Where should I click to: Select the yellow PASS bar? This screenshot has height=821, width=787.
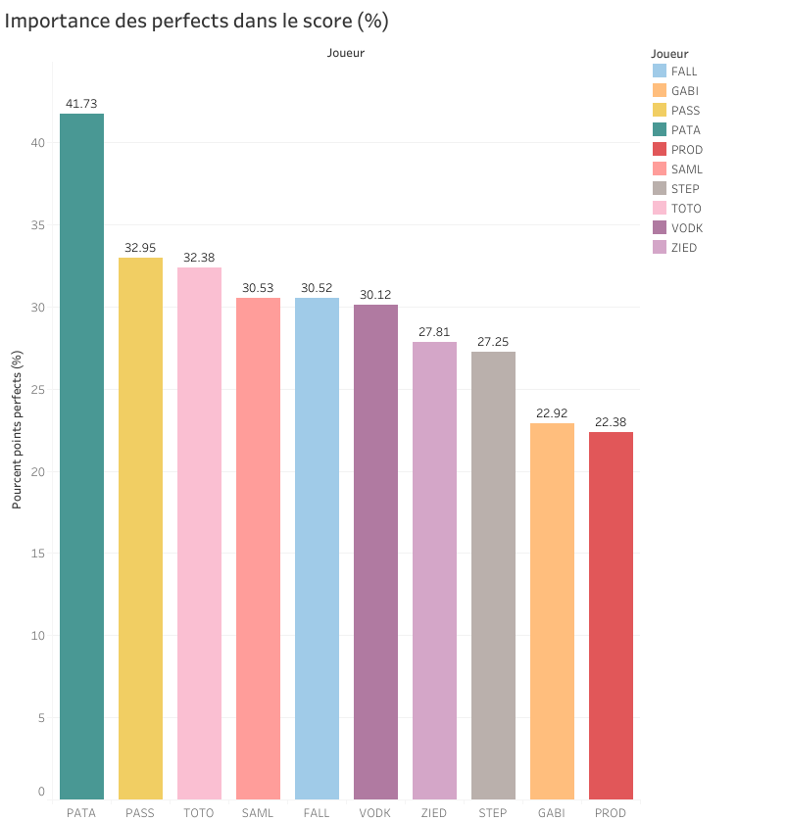[x=140, y=529]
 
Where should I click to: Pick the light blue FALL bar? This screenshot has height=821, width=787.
[x=317, y=549]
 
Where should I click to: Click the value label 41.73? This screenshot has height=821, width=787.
[x=81, y=103]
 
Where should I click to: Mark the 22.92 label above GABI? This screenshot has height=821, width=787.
[x=552, y=412]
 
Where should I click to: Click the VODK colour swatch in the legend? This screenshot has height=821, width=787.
[x=660, y=228]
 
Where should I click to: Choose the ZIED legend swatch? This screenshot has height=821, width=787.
[x=660, y=248]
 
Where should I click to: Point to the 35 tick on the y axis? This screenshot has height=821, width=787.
[x=39, y=225]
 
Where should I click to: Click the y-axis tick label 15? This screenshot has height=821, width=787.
[x=39, y=554]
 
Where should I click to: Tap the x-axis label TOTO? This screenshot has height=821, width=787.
[x=199, y=813]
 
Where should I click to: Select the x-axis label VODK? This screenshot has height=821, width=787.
[x=375, y=813]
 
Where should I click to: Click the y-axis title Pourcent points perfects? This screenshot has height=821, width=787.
[x=17, y=430]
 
